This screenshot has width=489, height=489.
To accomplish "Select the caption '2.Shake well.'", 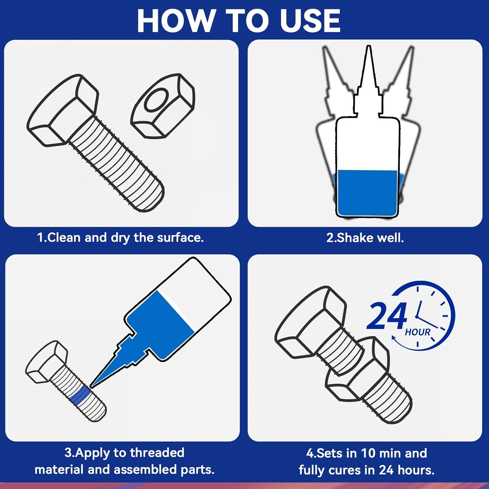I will [365, 238].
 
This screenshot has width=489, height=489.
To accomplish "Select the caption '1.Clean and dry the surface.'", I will [120, 237].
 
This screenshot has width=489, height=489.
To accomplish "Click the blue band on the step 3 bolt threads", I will [80, 395].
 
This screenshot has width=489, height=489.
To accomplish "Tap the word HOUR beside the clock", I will [418, 332].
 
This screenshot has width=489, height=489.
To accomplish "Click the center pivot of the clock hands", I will [417, 316].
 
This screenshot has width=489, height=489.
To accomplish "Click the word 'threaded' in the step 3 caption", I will [157, 452].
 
